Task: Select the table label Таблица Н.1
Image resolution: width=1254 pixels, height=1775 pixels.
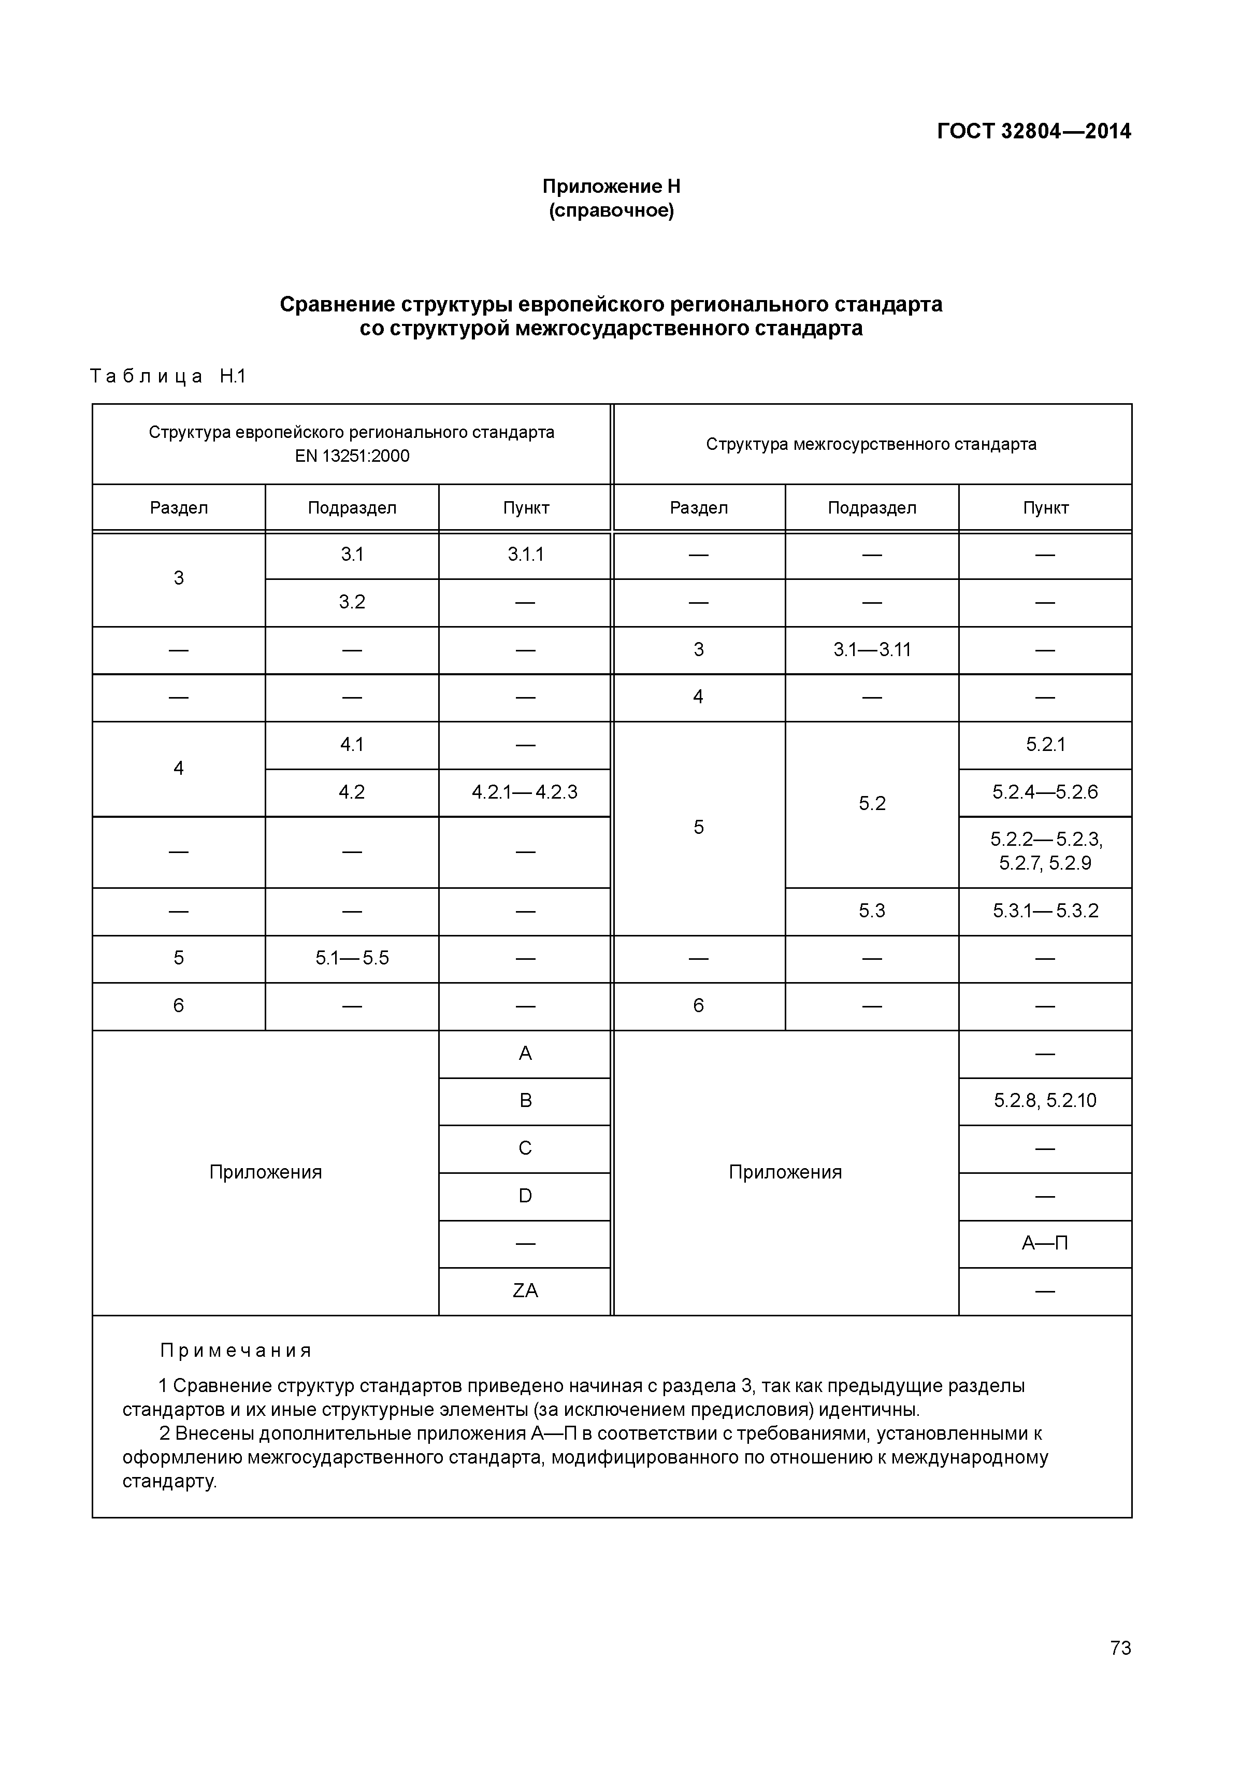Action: coord(168,376)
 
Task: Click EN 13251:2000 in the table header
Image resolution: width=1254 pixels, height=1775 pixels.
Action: coord(352,456)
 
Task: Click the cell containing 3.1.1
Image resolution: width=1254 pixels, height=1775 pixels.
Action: coord(525,555)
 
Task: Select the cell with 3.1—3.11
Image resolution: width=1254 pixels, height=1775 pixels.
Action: coord(872,649)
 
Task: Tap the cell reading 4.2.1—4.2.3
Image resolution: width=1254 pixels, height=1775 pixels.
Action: coord(525,792)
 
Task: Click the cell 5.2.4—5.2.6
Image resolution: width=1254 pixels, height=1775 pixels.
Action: coord(1045,792)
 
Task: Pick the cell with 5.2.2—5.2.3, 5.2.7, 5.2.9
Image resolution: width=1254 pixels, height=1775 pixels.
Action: coord(1045,851)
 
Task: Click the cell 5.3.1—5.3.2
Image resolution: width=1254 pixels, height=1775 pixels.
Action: coord(1045,911)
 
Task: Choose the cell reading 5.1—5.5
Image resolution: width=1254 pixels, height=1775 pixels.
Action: coord(352,959)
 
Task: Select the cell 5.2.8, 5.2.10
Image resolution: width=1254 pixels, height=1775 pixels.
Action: coord(1045,1101)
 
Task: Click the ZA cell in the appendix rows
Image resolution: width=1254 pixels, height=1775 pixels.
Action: coord(525,1290)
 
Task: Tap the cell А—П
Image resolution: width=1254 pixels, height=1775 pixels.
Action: coord(1045,1243)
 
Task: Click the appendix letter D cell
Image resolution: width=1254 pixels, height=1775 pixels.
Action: coord(525,1196)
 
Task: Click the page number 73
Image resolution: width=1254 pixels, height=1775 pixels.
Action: coord(1119,1670)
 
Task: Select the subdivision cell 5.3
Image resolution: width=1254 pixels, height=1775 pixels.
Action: coord(872,911)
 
